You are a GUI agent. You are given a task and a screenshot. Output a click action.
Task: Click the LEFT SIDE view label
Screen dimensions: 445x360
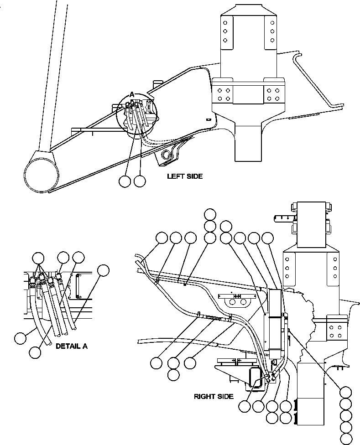coord(184,176)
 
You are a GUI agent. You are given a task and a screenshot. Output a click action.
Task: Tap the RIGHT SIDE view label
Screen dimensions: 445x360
coord(213,396)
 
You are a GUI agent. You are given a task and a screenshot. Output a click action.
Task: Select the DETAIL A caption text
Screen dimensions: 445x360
coord(71,346)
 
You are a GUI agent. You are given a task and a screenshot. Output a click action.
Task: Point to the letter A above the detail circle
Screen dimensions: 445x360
coord(131,94)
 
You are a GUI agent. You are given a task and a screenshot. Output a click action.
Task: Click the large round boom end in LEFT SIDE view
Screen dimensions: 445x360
coord(42,173)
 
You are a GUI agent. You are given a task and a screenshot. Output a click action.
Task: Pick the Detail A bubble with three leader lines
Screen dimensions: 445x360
coord(38,258)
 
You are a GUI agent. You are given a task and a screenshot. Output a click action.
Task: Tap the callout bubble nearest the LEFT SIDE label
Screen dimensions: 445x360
coord(140,181)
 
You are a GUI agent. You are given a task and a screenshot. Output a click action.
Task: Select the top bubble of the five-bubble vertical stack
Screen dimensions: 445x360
coord(346,393)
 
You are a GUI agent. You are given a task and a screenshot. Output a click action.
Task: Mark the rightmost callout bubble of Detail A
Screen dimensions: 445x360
coord(104,270)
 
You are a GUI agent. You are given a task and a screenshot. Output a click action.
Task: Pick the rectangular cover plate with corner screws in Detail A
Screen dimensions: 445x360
coord(84,286)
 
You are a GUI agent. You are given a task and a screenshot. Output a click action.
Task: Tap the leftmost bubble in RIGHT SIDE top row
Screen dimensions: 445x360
coord(162,238)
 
